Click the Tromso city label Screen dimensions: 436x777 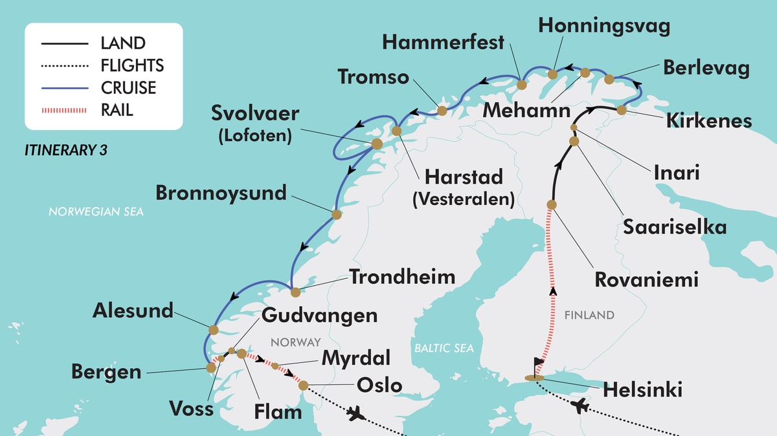(374, 77)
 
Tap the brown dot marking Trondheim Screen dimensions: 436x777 (295, 292)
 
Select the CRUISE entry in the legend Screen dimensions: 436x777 (128, 88)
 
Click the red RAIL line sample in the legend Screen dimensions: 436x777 (64, 111)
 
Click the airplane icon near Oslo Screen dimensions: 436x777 (354, 414)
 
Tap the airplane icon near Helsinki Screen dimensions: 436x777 (581, 406)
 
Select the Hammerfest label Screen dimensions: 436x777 (443, 43)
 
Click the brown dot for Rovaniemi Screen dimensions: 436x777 (552, 204)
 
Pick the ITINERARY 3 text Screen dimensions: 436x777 (65, 150)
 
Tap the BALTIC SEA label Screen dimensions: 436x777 (444, 348)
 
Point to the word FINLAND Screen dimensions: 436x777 (589, 315)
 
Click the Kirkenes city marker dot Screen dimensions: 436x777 (621, 110)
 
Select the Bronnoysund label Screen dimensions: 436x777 (221, 192)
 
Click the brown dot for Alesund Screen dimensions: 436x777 (213, 329)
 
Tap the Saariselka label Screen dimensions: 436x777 (674, 227)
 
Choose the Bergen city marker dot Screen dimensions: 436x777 (210, 367)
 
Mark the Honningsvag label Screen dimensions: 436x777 (604, 26)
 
